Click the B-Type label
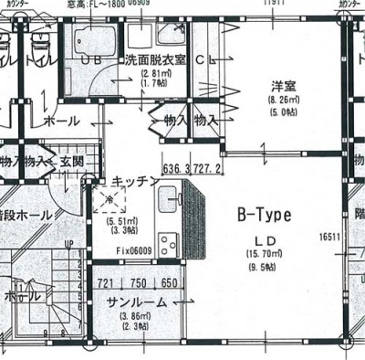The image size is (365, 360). point(264,216)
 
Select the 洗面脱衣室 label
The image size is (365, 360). point(158,60)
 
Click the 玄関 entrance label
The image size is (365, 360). point(72,162)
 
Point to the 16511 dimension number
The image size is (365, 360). point(330,237)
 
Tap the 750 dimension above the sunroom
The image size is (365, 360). point(137,284)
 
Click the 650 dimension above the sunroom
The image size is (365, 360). point(168,284)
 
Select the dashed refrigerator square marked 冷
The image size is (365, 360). point(109,200)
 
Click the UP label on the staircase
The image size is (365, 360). point(69,245)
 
